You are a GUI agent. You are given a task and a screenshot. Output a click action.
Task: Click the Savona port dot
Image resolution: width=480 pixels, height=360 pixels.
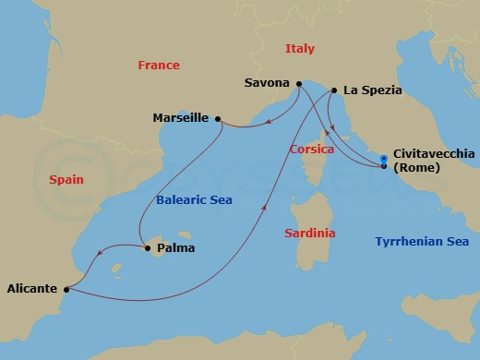(298, 85)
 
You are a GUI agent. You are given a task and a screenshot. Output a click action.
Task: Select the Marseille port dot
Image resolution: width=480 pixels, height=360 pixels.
(218, 118)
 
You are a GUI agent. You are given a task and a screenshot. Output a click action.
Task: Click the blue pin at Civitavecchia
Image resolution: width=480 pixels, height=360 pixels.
(384, 163)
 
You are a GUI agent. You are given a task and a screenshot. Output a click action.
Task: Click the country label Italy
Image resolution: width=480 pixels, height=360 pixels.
(299, 48)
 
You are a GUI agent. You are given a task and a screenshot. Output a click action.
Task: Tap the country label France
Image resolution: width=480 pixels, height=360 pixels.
(158, 66)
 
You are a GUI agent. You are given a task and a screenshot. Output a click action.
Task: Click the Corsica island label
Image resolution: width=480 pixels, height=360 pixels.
(311, 149)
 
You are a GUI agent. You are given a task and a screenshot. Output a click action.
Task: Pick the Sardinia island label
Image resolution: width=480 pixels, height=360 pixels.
(309, 234)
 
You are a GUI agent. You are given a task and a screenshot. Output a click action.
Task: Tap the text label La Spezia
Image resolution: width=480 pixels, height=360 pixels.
(372, 90)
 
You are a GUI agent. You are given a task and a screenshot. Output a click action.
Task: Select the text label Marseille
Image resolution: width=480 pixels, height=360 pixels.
(181, 118)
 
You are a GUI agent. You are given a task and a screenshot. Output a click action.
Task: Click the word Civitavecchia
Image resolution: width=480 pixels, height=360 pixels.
(434, 154)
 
